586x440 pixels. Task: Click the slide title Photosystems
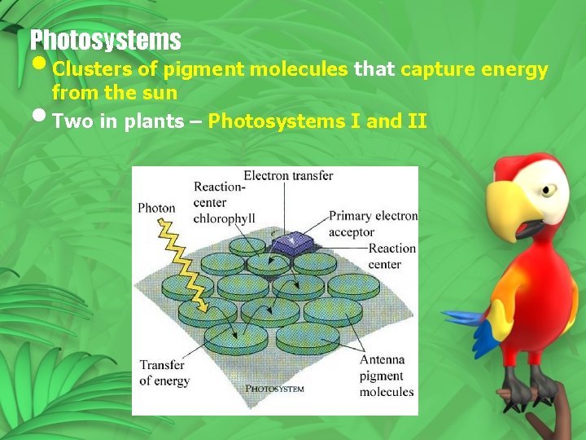point(105,39)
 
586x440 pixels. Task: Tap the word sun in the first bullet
point(162,93)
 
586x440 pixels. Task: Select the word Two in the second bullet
point(70,121)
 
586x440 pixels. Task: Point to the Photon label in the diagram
point(156,208)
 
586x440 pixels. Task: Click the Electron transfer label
point(288,175)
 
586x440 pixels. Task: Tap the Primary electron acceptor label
point(373,224)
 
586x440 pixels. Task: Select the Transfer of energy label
point(164,372)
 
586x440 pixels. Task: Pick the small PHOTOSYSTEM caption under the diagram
point(274,389)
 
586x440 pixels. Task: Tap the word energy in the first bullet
point(514,69)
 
